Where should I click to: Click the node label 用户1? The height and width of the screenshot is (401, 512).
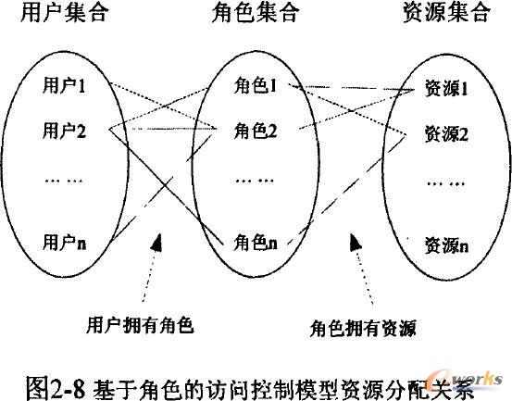[x=64, y=85]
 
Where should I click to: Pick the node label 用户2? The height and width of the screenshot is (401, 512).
[x=64, y=131]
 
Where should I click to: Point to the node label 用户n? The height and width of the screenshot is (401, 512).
[x=64, y=243]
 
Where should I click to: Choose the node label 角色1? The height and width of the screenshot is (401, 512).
[x=256, y=86]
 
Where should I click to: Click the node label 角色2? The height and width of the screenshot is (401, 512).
[x=256, y=131]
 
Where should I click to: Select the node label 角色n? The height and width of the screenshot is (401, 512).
[x=256, y=244]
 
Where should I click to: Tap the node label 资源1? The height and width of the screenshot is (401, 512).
[x=446, y=88]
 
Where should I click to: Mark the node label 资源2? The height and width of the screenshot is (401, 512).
[x=446, y=134]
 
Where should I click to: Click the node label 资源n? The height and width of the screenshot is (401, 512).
[x=446, y=245]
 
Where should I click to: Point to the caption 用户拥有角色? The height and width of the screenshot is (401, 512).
[x=141, y=325]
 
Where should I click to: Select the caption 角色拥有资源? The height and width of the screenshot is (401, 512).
[x=364, y=328]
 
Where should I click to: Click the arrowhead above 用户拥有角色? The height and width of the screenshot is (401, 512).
[x=156, y=242]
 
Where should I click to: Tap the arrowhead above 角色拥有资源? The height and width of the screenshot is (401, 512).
[x=356, y=242]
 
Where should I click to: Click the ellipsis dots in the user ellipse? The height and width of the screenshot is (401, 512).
[x=64, y=181]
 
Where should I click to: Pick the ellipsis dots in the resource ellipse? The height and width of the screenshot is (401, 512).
[x=446, y=184]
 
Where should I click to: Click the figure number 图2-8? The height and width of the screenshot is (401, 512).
[x=56, y=388]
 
